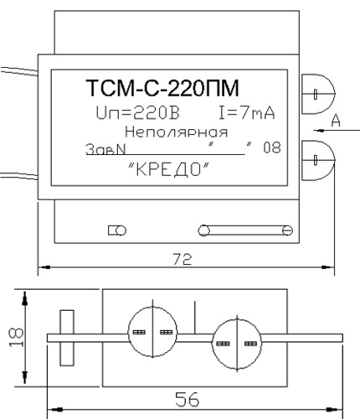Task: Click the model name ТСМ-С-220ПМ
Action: pyautogui.click(x=162, y=88)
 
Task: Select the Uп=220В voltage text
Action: pyautogui.click(x=137, y=113)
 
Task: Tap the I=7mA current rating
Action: pyautogui.click(x=247, y=113)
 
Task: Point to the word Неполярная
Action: pyautogui.click(x=176, y=132)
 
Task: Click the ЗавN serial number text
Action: pyautogui.click(x=105, y=149)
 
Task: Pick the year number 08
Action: pyautogui.click(x=272, y=147)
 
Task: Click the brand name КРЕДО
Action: pyautogui.click(x=168, y=169)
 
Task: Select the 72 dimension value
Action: pyautogui.click(x=183, y=259)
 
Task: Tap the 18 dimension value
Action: pyautogui.click(x=16, y=338)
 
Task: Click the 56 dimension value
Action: pyautogui.click(x=188, y=399)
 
